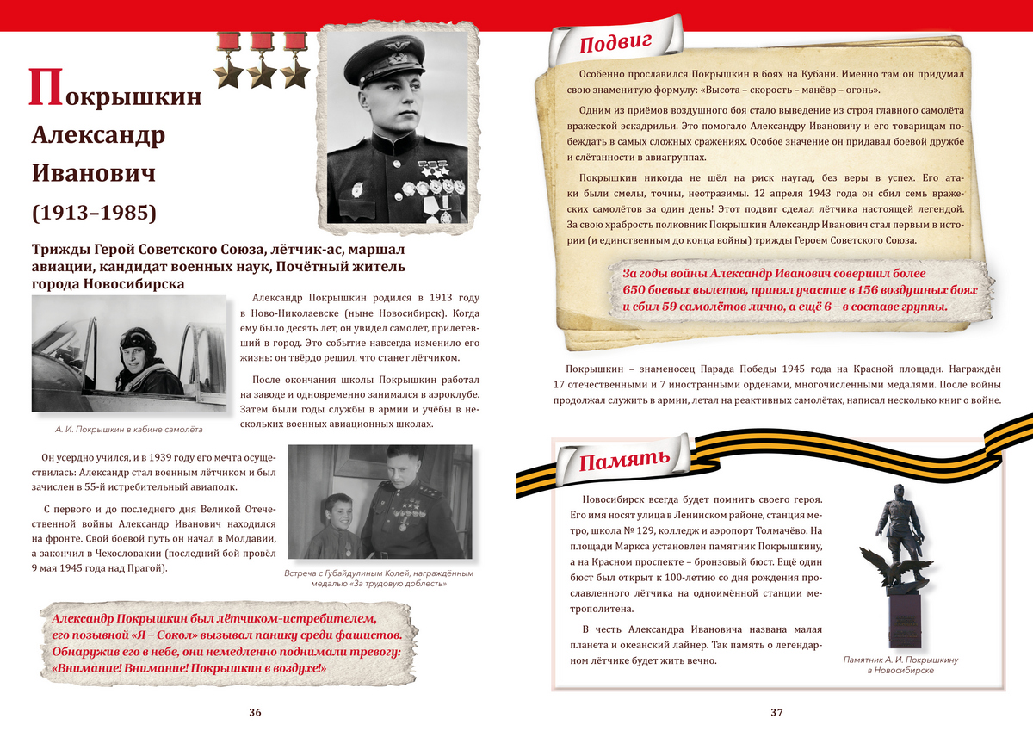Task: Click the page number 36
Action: [255, 712]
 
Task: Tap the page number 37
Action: [776, 712]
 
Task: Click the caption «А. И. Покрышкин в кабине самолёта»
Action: [122, 428]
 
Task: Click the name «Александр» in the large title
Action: [99, 135]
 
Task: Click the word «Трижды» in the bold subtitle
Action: [60, 251]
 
